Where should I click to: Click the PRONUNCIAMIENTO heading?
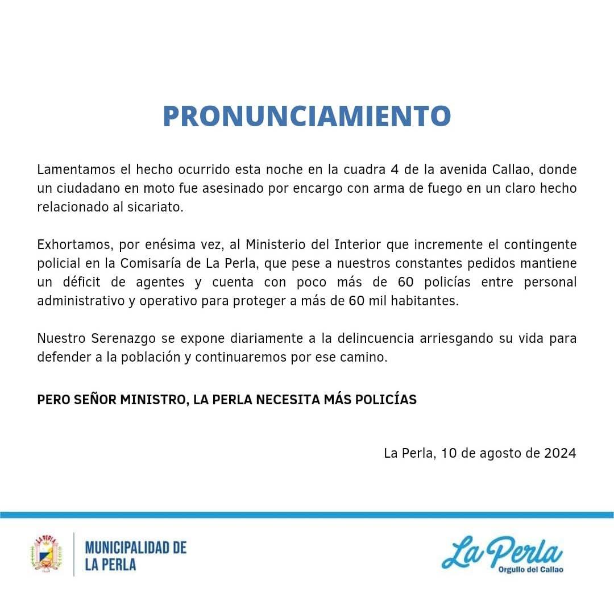(306, 116)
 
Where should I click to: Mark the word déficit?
(85, 282)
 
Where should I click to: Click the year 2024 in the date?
(560, 453)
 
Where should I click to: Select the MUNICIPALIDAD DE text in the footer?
(135, 548)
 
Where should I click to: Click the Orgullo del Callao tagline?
(530, 570)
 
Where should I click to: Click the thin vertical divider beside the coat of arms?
(74, 554)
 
